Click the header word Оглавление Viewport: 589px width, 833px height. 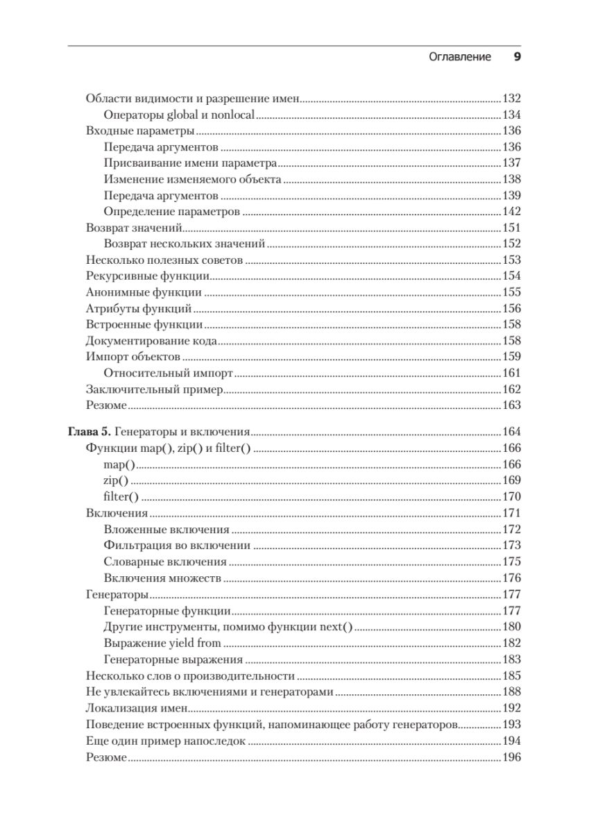(x=459, y=58)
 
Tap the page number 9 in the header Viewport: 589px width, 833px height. (x=516, y=58)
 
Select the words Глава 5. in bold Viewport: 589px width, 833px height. (x=89, y=431)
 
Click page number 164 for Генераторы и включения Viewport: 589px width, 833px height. (x=511, y=431)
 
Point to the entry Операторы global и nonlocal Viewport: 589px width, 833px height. (x=179, y=115)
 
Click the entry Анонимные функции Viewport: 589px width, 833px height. (x=144, y=292)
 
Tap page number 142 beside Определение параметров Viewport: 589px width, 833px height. (x=511, y=212)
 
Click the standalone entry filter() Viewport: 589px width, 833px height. (x=121, y=496)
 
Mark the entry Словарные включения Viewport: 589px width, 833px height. (x=165, y=562)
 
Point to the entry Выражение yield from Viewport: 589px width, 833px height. (x=162, y=643)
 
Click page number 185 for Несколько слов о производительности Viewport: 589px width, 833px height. (x=511, y=675)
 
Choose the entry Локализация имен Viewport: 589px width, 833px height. (x=137, y=709)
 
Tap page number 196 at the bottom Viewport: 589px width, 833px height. (x=511, y=757)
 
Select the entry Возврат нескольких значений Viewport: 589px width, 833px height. (x=185, y=244)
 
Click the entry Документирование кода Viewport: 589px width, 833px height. (x=152, y=341)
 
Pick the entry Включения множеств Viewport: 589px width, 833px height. (x=162, y=578)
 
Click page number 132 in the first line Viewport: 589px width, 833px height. (x=511, y=99)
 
